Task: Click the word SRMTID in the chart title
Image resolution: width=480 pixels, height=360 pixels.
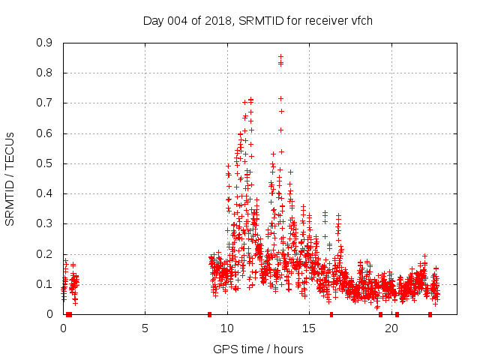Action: [x=258, y=21]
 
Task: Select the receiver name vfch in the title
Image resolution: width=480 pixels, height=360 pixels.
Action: [x=361, y=21]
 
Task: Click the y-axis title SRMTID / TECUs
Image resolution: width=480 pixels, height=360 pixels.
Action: [x=10, y=178]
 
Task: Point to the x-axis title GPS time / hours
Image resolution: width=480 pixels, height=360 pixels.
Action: [x=258, y=349]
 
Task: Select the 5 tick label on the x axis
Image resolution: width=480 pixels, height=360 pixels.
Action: [x=145, y=328]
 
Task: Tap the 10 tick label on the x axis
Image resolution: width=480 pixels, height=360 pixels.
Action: [x=227, y=328]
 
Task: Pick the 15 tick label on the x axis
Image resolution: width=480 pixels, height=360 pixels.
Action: [x=309, y=328]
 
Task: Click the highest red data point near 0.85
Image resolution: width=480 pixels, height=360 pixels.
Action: [x=280, y=56]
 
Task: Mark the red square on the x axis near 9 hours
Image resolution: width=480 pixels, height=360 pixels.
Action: [x=209, y=314]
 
